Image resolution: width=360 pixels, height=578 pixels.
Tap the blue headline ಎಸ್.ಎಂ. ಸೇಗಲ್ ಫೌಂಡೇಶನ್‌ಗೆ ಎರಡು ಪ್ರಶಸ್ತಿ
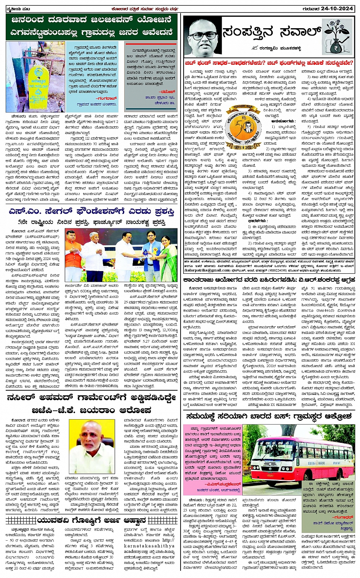pyautogui.click(x=91, y=212)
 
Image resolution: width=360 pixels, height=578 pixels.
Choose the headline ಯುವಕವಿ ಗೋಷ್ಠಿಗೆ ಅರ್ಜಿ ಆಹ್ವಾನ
pyautogui.click(x=91, y=521)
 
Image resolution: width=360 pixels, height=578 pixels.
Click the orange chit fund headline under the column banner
pyautogui.click(x=269, y=63)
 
